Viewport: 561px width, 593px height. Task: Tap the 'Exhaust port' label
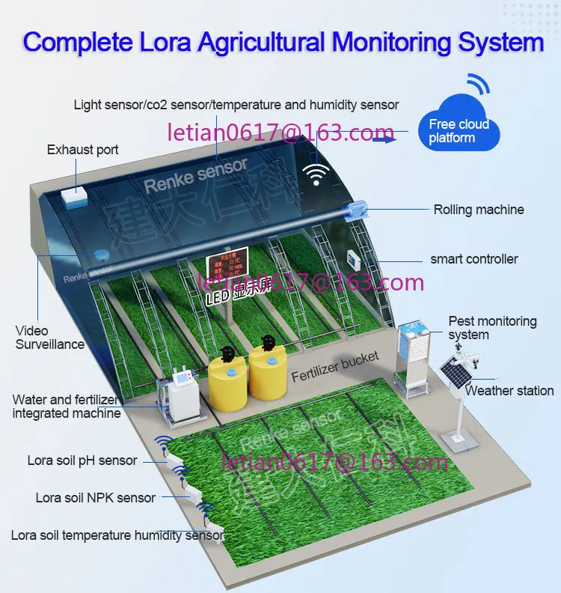point(82,150)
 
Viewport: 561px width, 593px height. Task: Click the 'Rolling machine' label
point(479,210)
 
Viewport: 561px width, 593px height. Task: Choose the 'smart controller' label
point(474,259)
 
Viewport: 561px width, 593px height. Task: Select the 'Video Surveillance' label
point(50,338)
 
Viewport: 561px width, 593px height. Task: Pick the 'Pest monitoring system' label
point(492,328)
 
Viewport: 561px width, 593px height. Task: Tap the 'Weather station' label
point(509,391)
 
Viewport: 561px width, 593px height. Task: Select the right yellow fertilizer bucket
point(268,373)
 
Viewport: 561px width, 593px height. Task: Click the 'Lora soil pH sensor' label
point(82,460)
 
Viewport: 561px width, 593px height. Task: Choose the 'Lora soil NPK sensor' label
point(96,498)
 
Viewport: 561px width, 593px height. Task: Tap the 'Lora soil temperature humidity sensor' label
point(117,535)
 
